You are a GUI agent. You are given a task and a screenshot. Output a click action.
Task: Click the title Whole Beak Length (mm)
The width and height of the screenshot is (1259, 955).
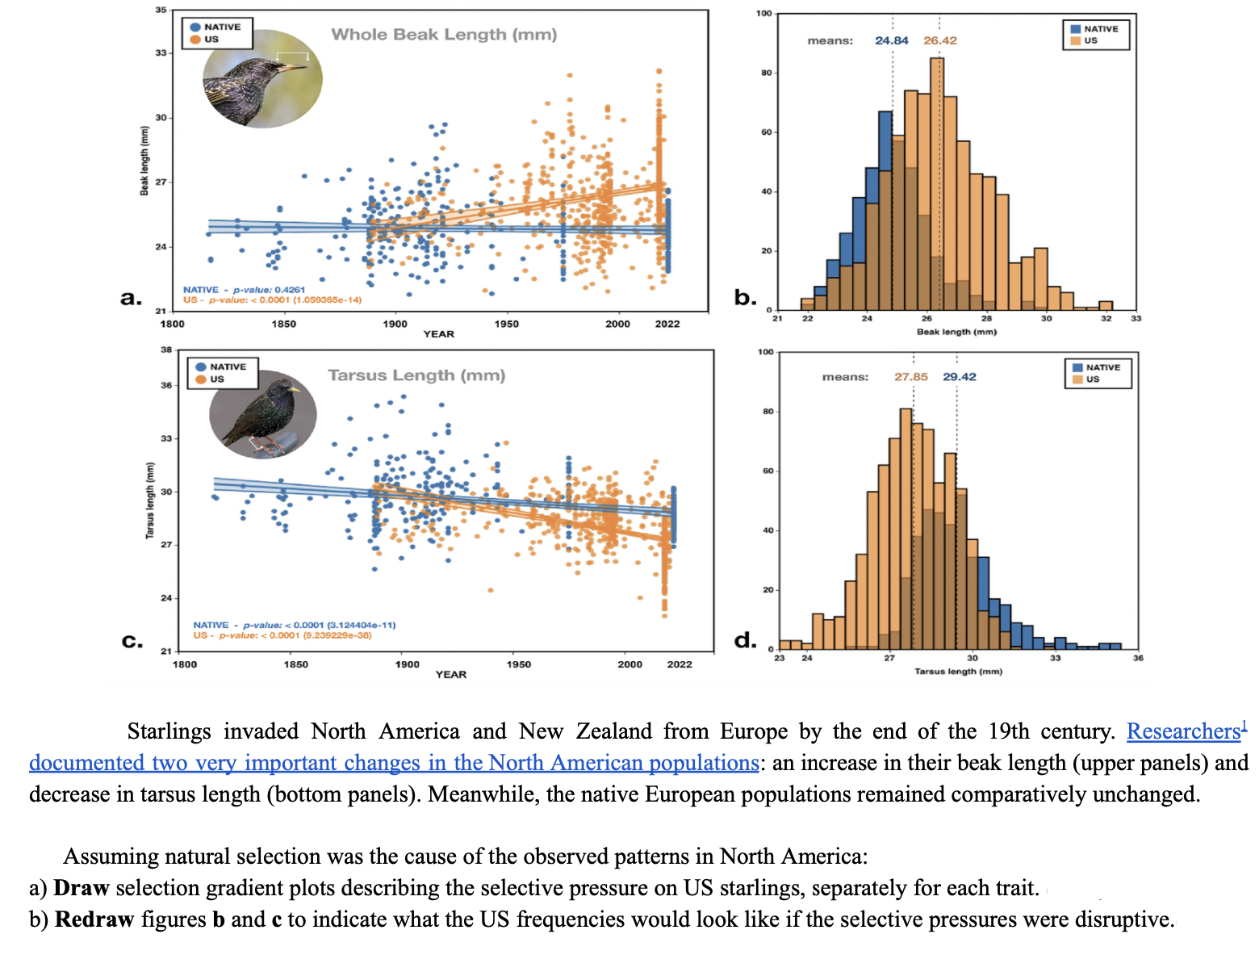pyautogui.click(x=444, y=35)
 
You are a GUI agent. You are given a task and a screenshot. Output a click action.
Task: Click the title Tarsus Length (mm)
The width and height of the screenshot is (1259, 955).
pyautogui.click(x=416, y=375)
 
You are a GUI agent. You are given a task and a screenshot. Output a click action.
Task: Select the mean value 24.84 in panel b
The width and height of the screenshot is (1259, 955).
pyautogui.click(x=891, y=40)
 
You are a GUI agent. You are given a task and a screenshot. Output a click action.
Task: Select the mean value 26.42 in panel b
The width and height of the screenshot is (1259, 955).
pyautogui.click(x=940, y=40)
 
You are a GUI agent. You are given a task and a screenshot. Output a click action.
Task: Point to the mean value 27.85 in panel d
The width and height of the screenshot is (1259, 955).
pyautogui.click(x=910, y=377)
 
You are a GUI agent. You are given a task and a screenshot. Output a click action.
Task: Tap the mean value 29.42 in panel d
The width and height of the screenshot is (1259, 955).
pyautogui.click(x=959, y=377)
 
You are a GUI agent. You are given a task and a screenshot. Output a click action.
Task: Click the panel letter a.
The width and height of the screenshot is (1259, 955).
pyautogui.click(x=131, y=298)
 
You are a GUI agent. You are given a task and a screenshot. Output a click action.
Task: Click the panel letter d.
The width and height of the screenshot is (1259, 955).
pyautogui.click(x=745, y=640)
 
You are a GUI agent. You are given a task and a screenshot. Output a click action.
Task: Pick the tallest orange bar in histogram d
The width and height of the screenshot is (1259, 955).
pyautogui.click(x=906, y=525)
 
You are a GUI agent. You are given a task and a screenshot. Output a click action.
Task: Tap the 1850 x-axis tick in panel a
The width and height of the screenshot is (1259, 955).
pyautogui.click(x=283, y=324)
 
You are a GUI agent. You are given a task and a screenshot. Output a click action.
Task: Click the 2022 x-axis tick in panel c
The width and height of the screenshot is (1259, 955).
pyautogui.click(x=679, y=664)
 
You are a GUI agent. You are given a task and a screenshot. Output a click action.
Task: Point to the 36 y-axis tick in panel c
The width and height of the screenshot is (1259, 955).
pyautogui.click(x=166, y=385)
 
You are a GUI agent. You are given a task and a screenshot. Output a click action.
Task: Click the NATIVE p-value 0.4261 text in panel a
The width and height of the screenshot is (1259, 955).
pyautogui.click(x=244, y=290)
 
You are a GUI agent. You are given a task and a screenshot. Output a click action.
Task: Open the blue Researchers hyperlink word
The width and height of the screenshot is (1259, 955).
pyautogui.click(x=1182, y=731)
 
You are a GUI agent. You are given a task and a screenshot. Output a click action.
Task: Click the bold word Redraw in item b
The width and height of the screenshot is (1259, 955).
pyautogui.click(x=94, y=919)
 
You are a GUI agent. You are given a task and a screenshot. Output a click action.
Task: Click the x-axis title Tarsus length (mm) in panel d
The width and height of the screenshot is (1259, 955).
pyautogui.click(x=958, y=672)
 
